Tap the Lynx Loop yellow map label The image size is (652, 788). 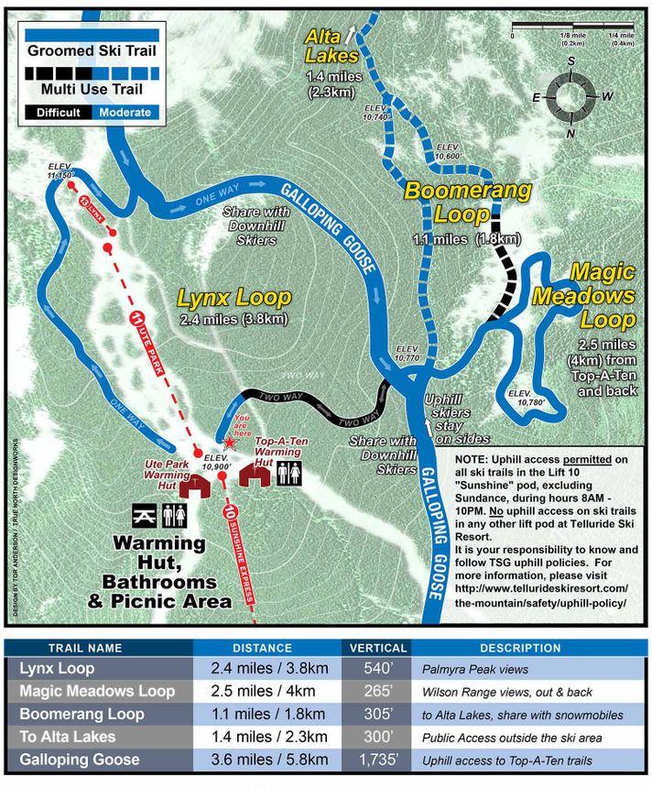(x=234, y=298)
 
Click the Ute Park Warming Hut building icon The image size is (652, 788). (x=193, y=486)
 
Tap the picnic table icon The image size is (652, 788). (x=144, y=514)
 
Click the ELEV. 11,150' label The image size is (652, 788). (x=66, y=170)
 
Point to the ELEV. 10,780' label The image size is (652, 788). (x=527, y=398)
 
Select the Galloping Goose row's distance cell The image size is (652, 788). (x=266, y=760)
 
